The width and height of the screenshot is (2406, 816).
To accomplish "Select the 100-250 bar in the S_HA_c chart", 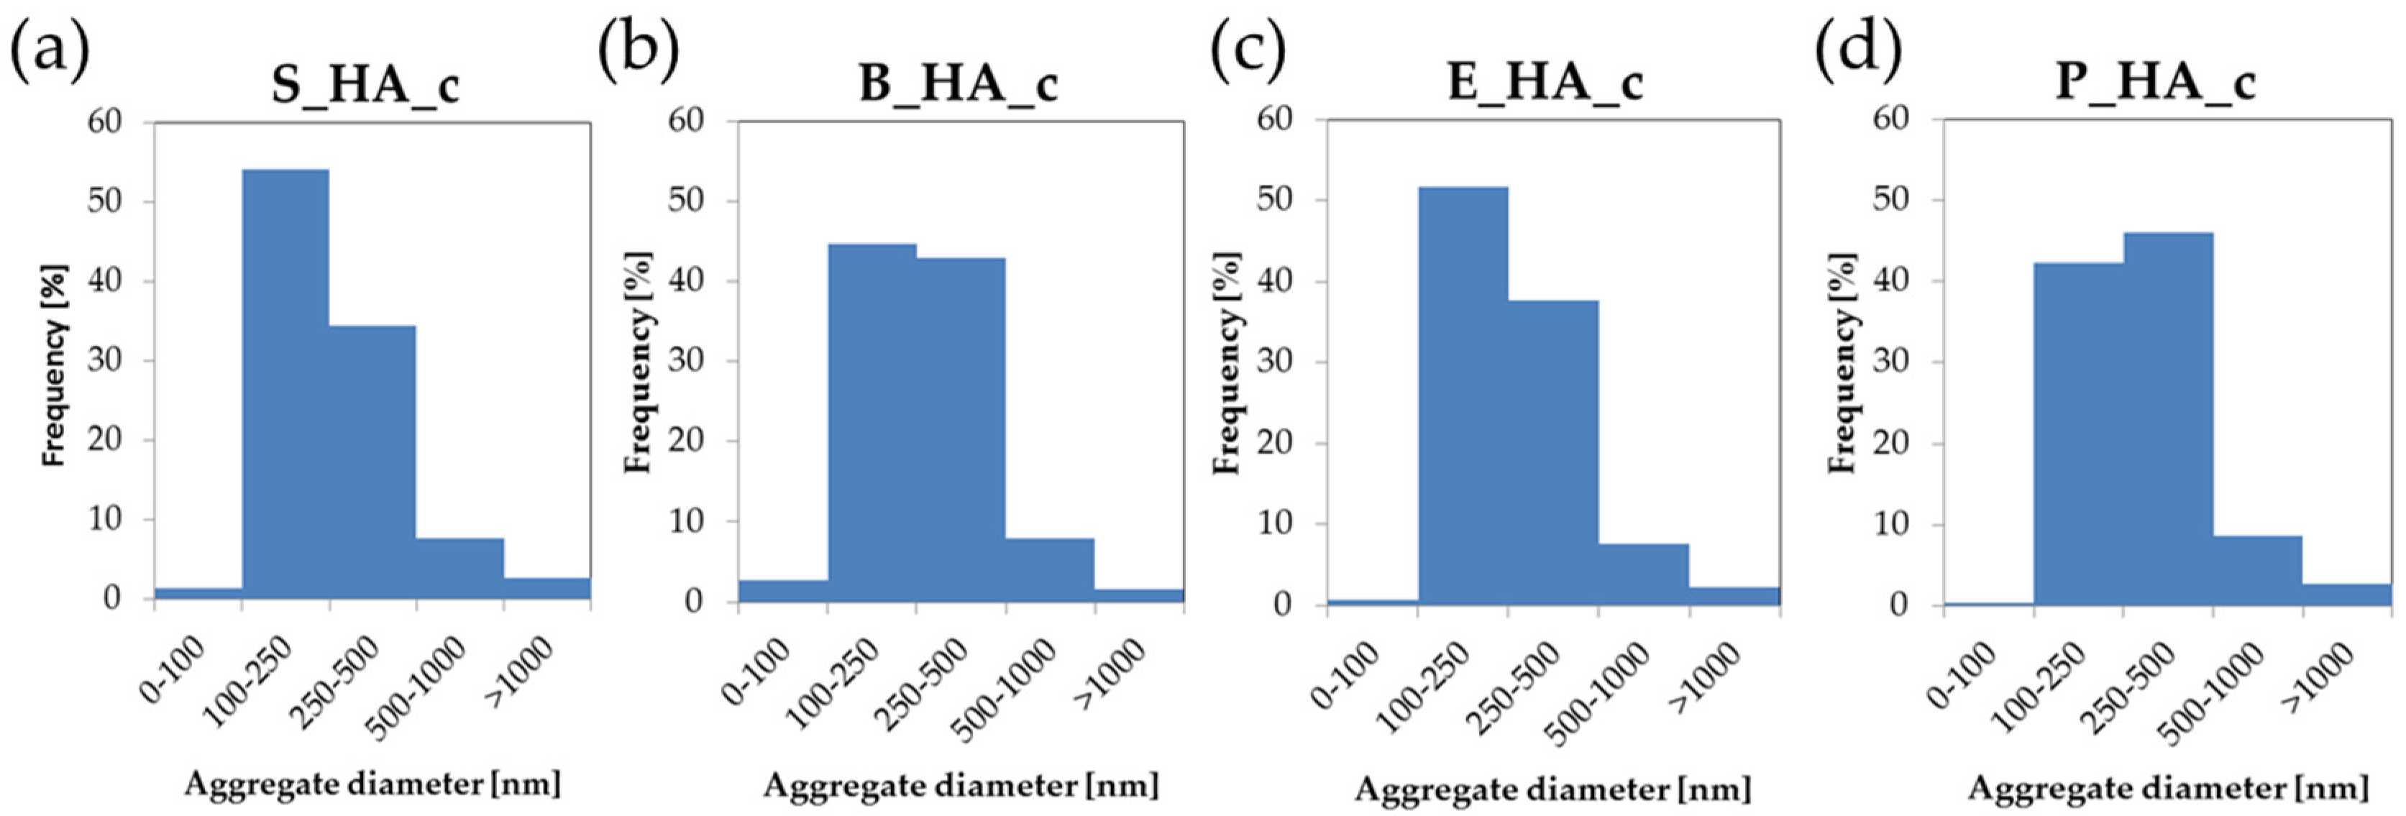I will click(285, 382).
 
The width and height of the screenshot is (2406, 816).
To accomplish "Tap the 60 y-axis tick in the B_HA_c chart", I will click(688, 122).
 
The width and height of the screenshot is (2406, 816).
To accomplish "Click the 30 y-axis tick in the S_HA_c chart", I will click(106, 360).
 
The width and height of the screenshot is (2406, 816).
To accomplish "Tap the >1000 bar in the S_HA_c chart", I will click(546, 588).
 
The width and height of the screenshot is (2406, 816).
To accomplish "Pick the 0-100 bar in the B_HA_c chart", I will click(782, 591).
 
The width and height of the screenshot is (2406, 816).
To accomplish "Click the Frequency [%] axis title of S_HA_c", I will click(56, 366).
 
